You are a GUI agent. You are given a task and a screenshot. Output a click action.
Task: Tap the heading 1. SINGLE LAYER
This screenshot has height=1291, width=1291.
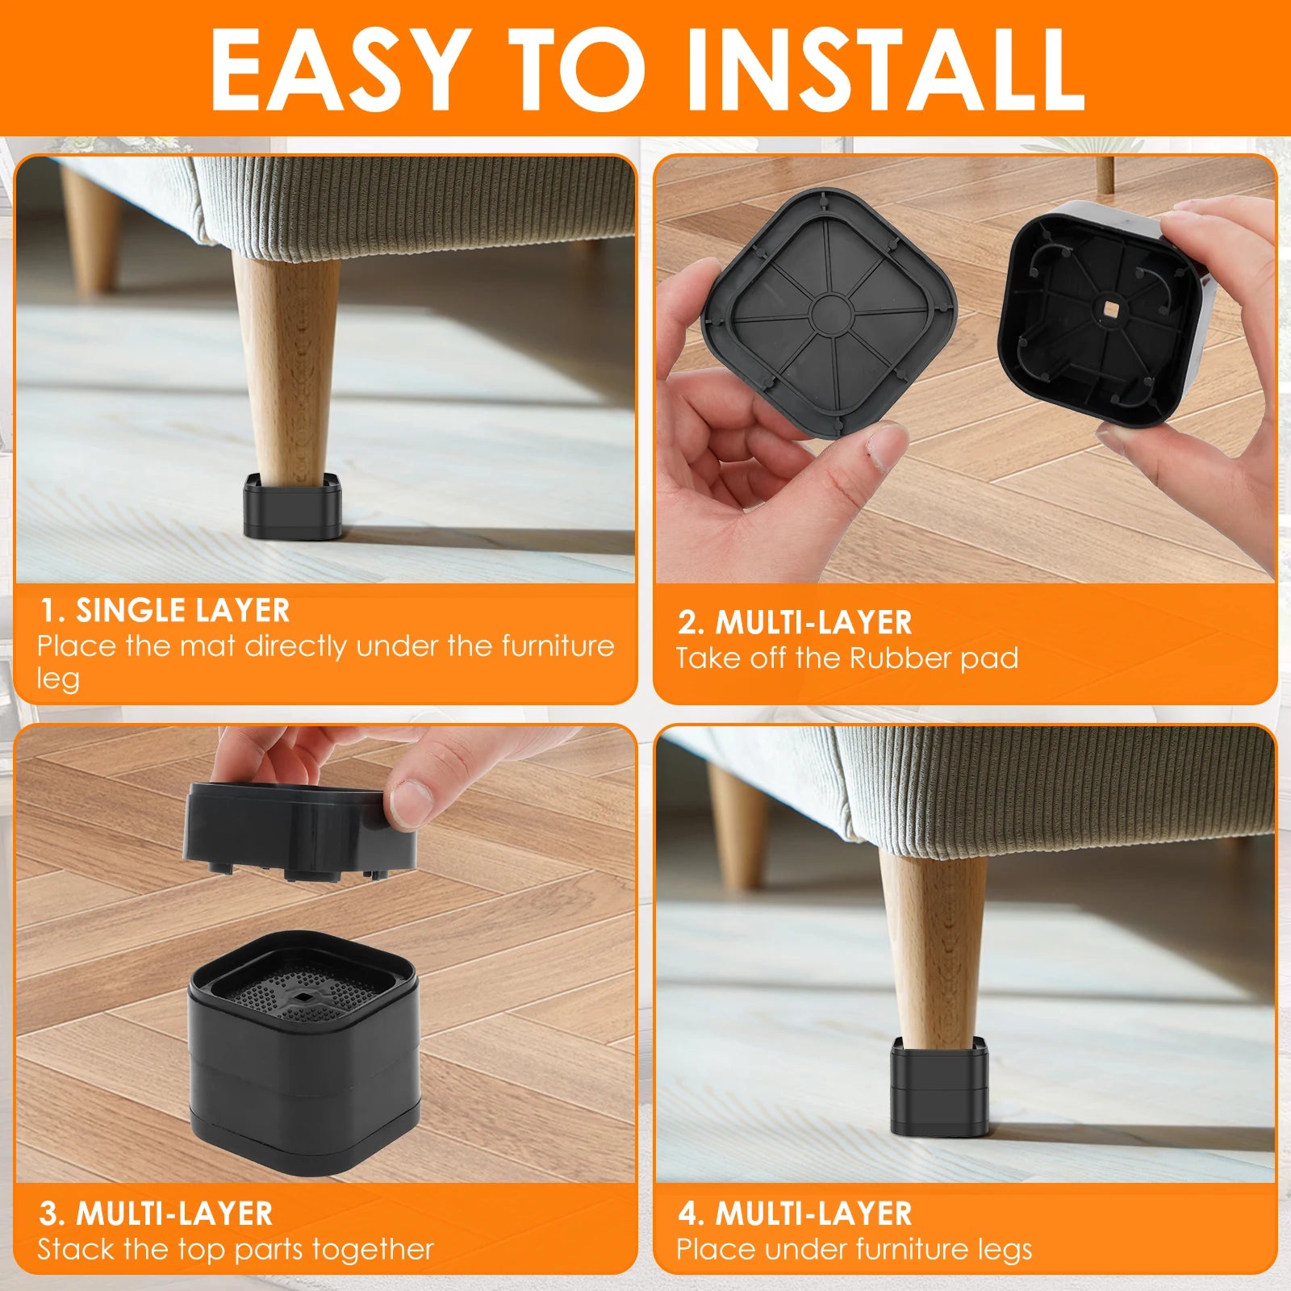(165, 611)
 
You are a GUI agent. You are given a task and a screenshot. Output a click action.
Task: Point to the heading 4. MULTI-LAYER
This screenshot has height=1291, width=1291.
(796, 1214)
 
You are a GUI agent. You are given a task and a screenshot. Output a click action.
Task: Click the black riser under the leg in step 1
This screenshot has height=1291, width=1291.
(292, 508)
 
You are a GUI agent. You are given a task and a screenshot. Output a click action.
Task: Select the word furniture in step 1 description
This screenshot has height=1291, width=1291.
(558, 646)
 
